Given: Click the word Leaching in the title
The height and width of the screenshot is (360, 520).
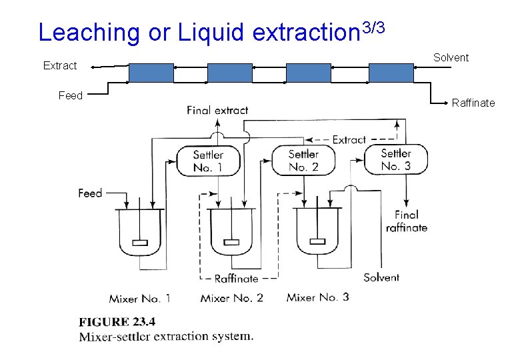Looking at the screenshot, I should pos(89,33).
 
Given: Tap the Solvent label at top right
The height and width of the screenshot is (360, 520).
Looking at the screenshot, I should pos(451,58).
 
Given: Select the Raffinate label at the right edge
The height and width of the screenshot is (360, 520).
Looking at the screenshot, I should pos(473,103).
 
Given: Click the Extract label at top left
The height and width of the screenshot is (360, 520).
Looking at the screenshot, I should pos(60,66).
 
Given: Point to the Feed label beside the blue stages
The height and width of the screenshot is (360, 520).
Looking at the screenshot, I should pos(71,96).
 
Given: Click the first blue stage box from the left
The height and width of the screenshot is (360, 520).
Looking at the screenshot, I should pos(151,72).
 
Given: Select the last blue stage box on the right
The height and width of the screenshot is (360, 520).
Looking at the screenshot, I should pos(391,72).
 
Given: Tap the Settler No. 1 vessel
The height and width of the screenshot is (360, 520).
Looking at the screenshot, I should pos(208,161).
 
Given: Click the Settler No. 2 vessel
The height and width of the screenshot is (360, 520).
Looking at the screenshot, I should pos(303,161).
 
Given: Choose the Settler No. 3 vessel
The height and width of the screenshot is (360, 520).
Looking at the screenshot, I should pos(395,159).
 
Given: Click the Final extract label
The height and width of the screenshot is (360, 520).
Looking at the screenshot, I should pos(217,111).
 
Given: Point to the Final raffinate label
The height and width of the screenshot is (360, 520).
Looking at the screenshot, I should pos(407,221).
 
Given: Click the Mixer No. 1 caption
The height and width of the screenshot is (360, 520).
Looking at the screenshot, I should pos(140,297).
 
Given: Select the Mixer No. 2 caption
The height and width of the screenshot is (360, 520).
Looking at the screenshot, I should pos(231,297).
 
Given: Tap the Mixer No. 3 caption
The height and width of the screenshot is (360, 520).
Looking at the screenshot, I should pos(317,297).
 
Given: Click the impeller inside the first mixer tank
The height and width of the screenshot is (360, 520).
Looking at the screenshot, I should pos(140,242).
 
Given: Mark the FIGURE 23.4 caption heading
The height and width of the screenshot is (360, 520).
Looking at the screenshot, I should pos(117,323).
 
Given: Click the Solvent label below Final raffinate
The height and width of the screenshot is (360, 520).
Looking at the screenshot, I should pos(381,277).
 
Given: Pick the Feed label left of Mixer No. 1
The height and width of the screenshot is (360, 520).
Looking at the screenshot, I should pos(90,193).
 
